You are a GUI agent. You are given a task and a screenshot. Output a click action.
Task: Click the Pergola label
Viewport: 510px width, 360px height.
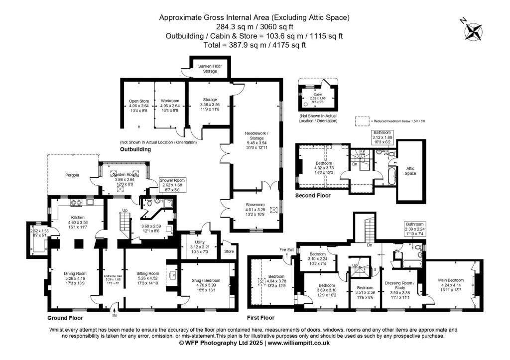pyautogui.click(x=74, y=175)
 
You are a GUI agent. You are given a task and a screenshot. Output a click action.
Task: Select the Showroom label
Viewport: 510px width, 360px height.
pyautogui.click(x=258, y=205)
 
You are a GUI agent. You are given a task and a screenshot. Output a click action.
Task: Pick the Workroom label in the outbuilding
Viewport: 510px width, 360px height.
pyautogui.click(x=169, y=101)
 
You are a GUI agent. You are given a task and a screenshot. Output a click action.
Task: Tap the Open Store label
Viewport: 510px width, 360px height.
pyautogui.click(x=138, y=101)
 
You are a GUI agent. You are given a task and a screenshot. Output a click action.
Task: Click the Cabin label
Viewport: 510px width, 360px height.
pyautogui.click(x=318, y=94)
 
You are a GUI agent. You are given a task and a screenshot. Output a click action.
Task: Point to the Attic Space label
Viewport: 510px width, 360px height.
pyautogui.click(x=410, y=170)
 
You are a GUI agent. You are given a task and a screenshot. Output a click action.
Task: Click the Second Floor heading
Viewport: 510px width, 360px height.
pyautogui.click(x=313, y=196)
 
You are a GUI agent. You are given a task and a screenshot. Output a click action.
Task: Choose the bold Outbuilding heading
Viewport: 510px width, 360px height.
pyautogui.click(x=135, y=149)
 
